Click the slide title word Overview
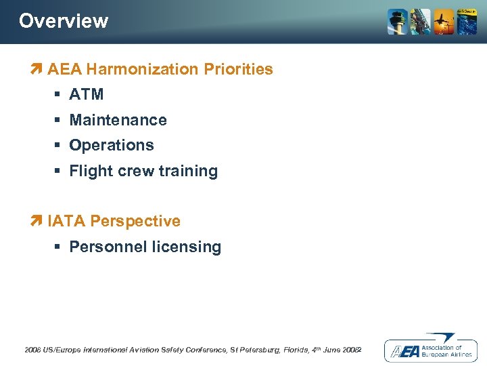(64, 21)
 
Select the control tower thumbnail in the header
(398, 22)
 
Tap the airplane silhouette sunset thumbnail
(444, 22)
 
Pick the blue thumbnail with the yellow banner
(467, 22)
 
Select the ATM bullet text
(87, 95)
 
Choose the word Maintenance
(118, 120)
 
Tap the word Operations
(112, 146)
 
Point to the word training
(189, 171)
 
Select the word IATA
(66, 221)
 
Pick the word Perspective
(135, 221)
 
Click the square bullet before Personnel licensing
(60, 247)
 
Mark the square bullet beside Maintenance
(60, 120)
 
